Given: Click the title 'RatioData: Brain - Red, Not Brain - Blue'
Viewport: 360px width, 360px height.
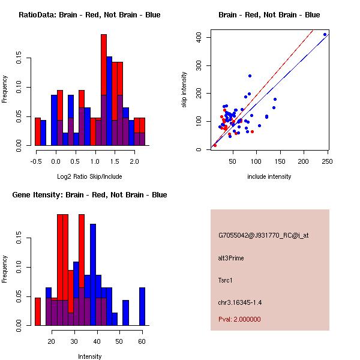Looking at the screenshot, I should click(89, 15).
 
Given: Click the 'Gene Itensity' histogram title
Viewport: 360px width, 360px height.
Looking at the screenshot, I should click(89, 195).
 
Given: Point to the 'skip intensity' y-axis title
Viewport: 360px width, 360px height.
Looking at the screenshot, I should click(184, 90).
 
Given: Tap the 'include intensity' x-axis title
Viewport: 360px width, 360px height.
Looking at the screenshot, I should click(269, 176).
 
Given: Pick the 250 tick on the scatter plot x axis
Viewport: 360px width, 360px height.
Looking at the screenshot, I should click(328, 160).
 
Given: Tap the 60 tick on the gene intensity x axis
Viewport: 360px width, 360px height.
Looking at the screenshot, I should click(142, 340).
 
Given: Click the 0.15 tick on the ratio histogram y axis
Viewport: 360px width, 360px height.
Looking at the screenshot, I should click(19, 59).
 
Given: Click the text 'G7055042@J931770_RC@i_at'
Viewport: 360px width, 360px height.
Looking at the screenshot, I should click(263, 236).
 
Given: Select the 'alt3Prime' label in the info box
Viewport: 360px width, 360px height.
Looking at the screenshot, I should click(231, 258).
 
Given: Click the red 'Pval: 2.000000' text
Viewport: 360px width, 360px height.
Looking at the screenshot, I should click(239, 319).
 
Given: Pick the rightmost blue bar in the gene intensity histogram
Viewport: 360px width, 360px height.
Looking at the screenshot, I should click(142, 306).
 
